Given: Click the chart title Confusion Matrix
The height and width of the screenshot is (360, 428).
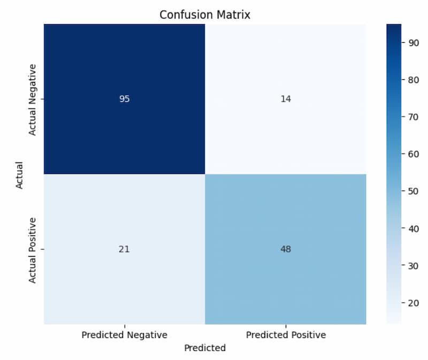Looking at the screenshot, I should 205,15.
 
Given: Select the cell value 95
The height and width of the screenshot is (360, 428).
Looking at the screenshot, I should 124,99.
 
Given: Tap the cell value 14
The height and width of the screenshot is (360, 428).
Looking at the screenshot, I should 286,99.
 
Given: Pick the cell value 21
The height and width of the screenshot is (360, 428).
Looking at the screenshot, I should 124,249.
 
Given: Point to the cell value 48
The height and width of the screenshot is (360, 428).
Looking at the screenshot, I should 286,249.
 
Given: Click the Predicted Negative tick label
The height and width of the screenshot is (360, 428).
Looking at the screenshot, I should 124,335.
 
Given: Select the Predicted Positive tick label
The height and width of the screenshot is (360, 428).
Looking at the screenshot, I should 286,335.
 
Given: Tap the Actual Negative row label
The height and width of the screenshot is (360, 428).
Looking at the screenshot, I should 33,99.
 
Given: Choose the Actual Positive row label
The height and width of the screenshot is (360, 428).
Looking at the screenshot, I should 33,249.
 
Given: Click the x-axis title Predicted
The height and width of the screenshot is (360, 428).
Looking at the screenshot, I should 205,348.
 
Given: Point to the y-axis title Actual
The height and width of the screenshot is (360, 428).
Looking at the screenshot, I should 19,174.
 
